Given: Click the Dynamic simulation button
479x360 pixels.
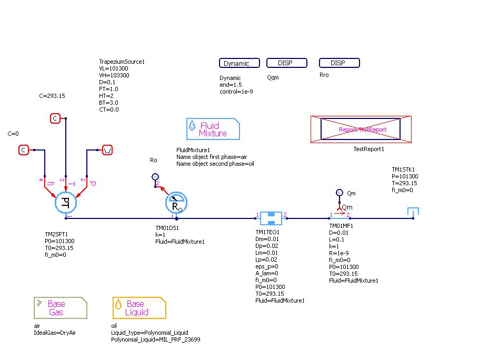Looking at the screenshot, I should coord(239,63).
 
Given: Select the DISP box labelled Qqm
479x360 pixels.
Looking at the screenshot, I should coord(286,63).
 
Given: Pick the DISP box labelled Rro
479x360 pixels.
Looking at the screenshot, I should coord(340,63).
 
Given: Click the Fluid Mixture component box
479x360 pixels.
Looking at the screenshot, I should coord(213,129).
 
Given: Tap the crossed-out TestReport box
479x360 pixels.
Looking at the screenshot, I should coord(361,129).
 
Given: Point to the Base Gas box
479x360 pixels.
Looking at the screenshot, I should coord(61,308).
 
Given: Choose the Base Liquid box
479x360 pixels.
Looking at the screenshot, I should coord(139,308).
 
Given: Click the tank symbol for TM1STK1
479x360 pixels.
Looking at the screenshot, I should coord(413,212).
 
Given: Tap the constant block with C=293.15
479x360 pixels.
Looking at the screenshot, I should coord(55,118).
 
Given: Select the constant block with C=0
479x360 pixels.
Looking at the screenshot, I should coord(24,150).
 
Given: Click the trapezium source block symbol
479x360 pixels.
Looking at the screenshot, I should coord(107,150).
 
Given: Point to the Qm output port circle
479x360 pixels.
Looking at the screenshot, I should coord(340,193).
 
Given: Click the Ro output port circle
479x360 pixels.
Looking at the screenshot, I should coord(155,177).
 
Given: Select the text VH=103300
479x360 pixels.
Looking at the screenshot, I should coord(114,75).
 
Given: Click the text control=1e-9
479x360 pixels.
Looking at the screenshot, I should coord(236,92).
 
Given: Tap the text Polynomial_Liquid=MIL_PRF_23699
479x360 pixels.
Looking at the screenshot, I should coord(155,339).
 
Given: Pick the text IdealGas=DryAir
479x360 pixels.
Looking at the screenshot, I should coord(55,333).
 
